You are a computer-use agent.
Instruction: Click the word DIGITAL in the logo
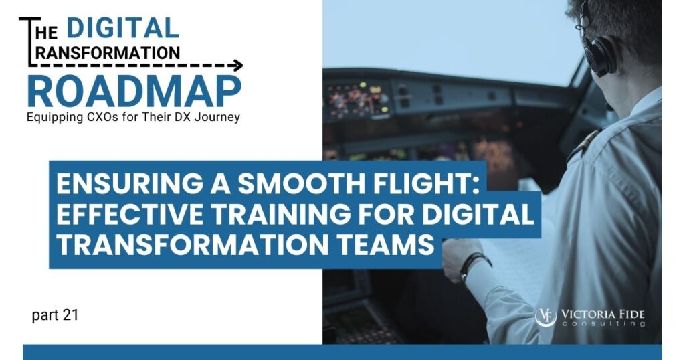(122, 27)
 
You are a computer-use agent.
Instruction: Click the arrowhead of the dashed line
(237, 66)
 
